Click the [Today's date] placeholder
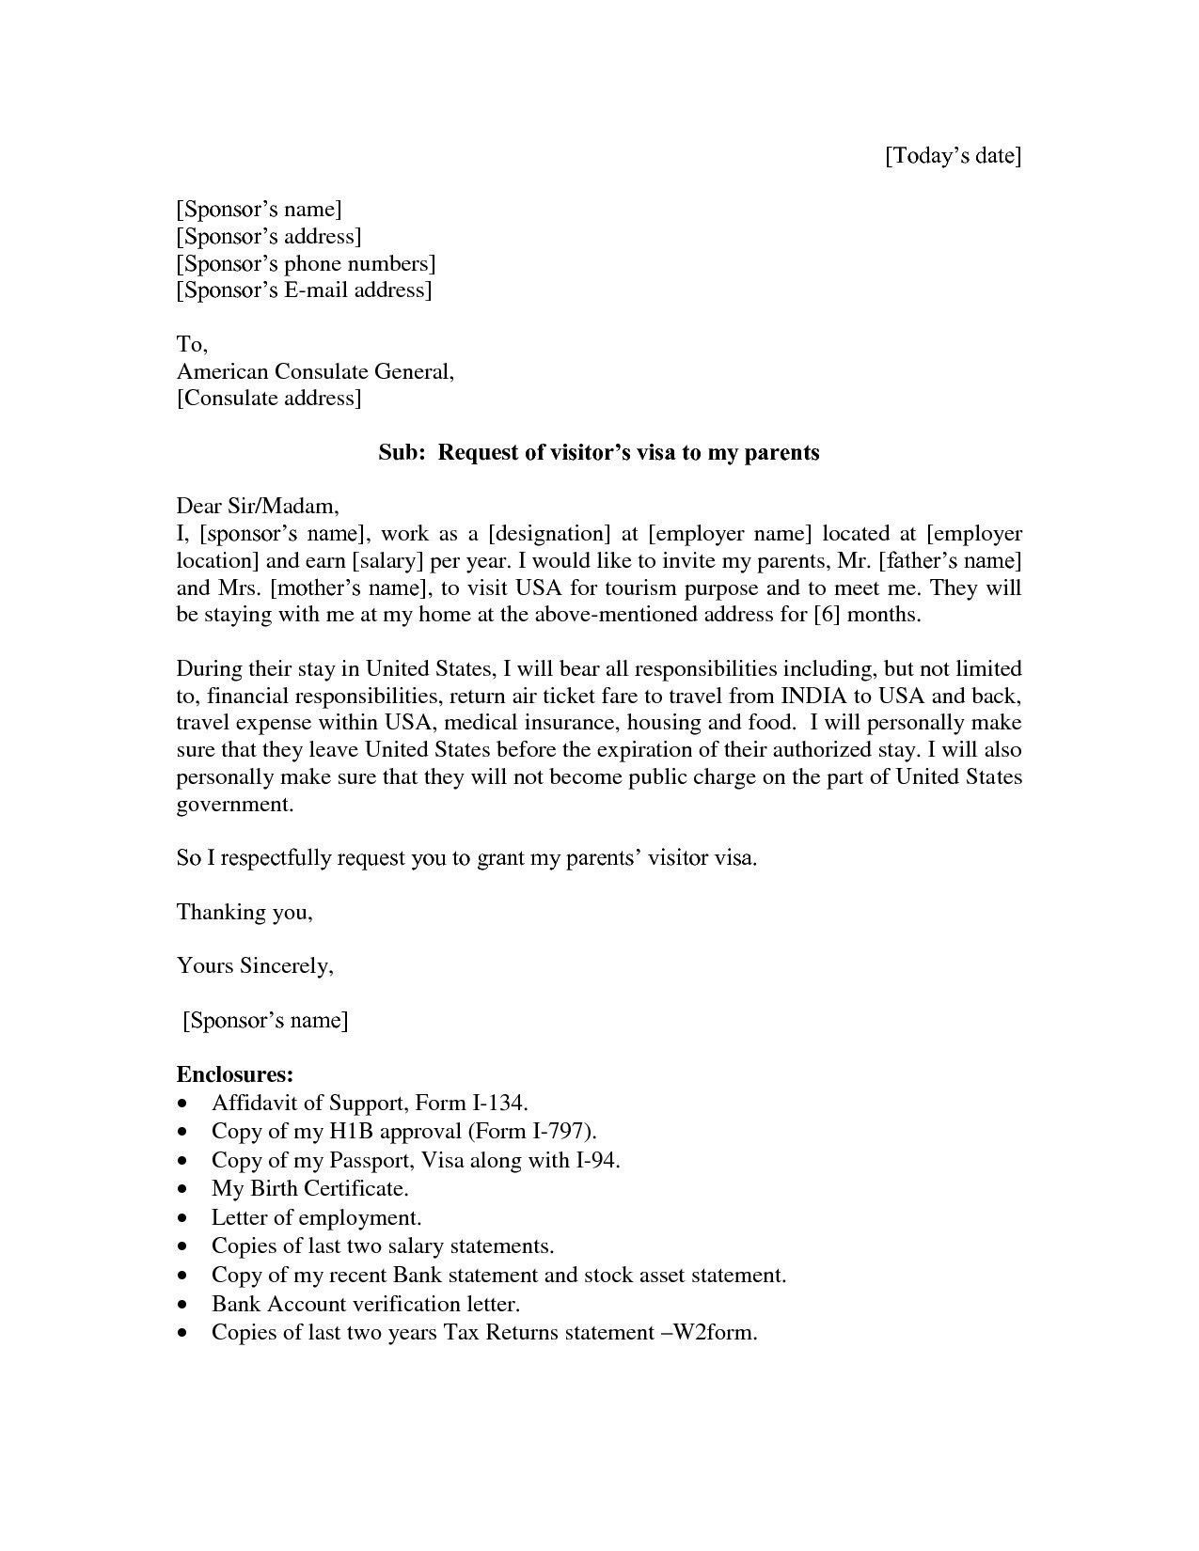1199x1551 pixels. [952, 155]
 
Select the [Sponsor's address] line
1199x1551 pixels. [268, 236]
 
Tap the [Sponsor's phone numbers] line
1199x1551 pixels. [306, 263]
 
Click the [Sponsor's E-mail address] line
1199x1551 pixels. [304, 290]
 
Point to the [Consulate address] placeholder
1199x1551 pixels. [268, 398]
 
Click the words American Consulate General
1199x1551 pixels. [314, 371]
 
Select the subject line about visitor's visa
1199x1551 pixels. [599, 452]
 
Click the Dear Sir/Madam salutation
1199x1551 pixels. [257, 507]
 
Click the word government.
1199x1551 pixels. [234, 805]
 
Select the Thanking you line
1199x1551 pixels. [244, 912]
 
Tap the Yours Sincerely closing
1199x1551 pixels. [254, 965]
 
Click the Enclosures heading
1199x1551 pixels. [235, 1073]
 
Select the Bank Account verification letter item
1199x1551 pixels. [365, 1304]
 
